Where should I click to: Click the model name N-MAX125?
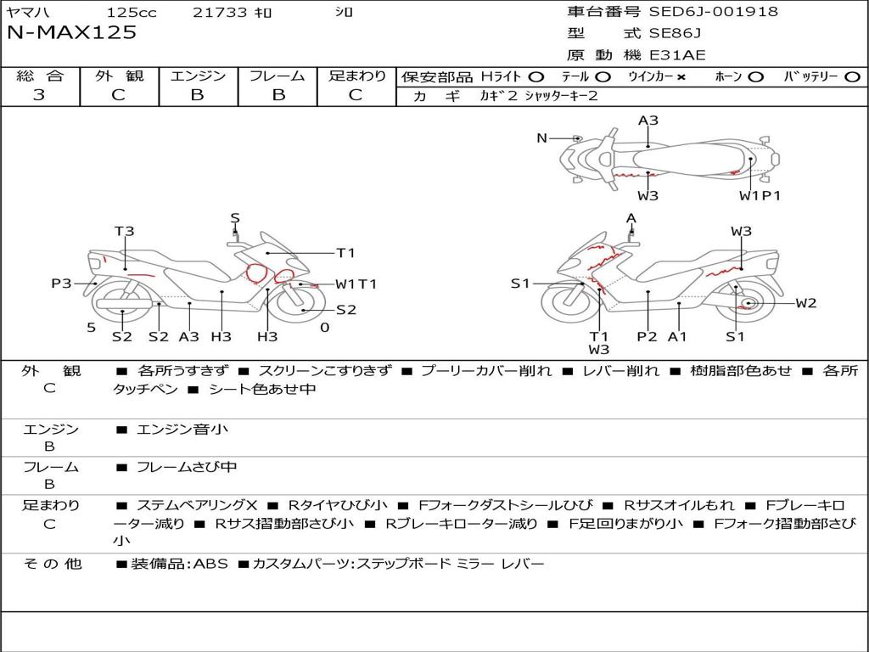coord(71,32)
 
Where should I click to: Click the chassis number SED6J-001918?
coord(713,11)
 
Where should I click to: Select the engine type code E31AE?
coord(677,55)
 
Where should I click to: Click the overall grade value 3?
coord(39,94)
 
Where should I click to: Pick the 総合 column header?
coord(40,76)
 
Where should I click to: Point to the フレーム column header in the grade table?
coord(278,76)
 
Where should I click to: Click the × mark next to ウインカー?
coord(681,77)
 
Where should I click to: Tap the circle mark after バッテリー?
coord(852,76)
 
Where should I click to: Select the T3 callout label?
coord(124,231)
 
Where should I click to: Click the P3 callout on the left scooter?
coord(61,284)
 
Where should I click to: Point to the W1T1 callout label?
coord(356,284)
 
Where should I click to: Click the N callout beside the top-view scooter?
coord(542,138)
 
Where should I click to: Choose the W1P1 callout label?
coord(760,195)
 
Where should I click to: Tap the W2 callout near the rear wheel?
coord(806,303)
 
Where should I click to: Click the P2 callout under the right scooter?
coord(647,336)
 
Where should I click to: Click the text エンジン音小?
coord(182,429)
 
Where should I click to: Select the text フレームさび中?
coord(187,468)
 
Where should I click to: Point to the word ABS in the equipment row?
coord(210,564)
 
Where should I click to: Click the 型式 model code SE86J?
coord(675,33)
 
